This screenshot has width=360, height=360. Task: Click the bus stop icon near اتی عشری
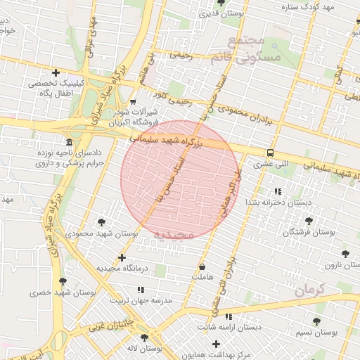270,153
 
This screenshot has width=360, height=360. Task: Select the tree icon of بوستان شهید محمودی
101,221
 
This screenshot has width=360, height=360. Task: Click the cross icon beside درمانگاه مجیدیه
122,258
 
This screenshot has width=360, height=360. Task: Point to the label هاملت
202,277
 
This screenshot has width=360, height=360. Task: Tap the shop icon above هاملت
202,267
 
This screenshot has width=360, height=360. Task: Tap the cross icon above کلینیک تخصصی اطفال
56,72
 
